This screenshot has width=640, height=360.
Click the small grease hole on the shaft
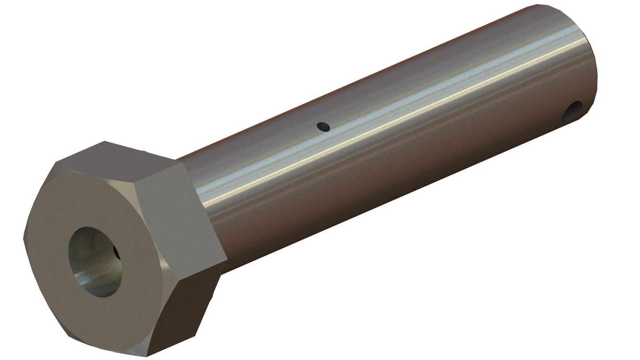pyautogui.click(x=323, y=127)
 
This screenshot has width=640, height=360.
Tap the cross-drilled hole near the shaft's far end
pyautogui.click(x=572, y=111)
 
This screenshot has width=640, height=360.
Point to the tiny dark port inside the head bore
pyautogui.click(x=116, y=253)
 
